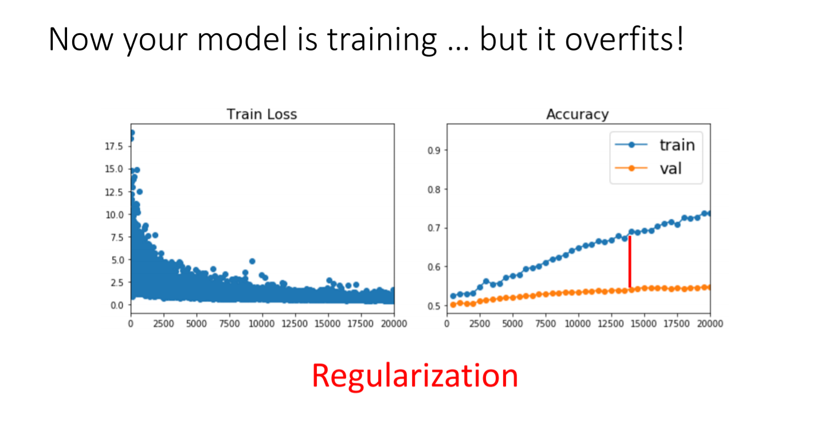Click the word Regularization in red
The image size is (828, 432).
415,376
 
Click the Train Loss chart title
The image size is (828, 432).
262,115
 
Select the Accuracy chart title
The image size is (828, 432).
578,115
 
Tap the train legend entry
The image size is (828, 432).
655,145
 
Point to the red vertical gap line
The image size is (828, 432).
630,262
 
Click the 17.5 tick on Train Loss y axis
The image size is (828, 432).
114,146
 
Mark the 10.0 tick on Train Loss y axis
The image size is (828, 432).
114,215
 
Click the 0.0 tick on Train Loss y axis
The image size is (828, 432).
117,305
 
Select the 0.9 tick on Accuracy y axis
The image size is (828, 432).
434,151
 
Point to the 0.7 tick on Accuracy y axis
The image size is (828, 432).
434,228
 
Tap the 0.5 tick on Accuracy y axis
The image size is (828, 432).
434,306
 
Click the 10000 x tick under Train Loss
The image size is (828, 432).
262,324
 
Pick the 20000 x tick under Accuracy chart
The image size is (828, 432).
710,324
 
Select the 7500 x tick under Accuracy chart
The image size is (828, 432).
546,324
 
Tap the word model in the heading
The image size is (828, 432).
242,39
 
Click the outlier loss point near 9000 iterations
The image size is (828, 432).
252,261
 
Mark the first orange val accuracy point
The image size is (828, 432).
453,305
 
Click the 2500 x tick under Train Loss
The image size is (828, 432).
163,324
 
